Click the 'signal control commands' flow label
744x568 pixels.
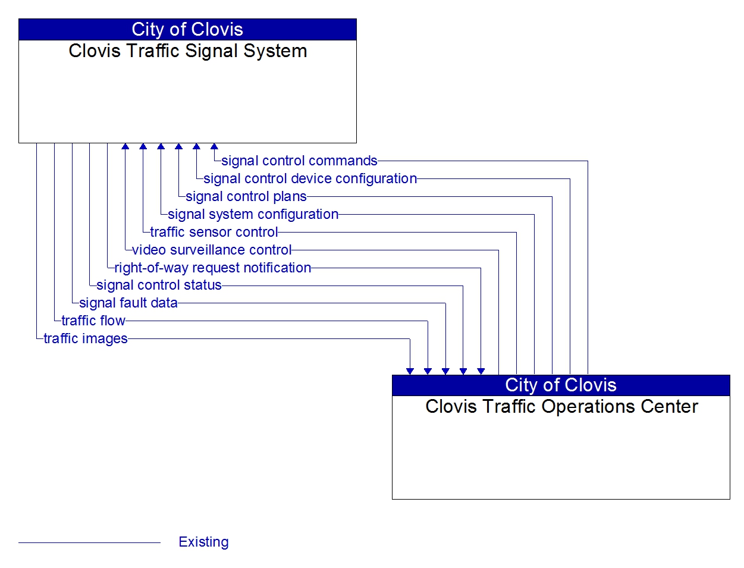coord(299,161)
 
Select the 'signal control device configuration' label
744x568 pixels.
coord(310,178)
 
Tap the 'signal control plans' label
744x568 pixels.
coord(246,196)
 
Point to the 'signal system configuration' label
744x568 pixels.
coord(253,215)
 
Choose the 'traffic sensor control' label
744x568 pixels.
coord(214,232)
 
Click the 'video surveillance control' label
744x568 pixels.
coord(212,250)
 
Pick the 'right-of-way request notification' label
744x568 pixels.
coord(212,268)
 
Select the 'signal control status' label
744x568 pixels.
coord(159,285)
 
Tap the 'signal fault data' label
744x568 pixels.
coord(128,303)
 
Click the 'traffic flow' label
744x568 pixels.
coord(93,321)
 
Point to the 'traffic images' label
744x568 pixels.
coord(86,338)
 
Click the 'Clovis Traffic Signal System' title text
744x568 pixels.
coord(187,51)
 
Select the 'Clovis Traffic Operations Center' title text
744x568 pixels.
coord(561,406)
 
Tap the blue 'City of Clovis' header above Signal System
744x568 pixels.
coord(187,30)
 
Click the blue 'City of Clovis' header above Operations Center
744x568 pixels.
coord(561,385)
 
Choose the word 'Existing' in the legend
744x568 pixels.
coord(203,542)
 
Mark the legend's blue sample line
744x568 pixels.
coord(89,542)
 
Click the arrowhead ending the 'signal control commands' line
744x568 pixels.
coord(214,146)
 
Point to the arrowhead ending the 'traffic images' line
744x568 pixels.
coord(410,372)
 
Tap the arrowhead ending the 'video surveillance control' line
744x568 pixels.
coord(125,146)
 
